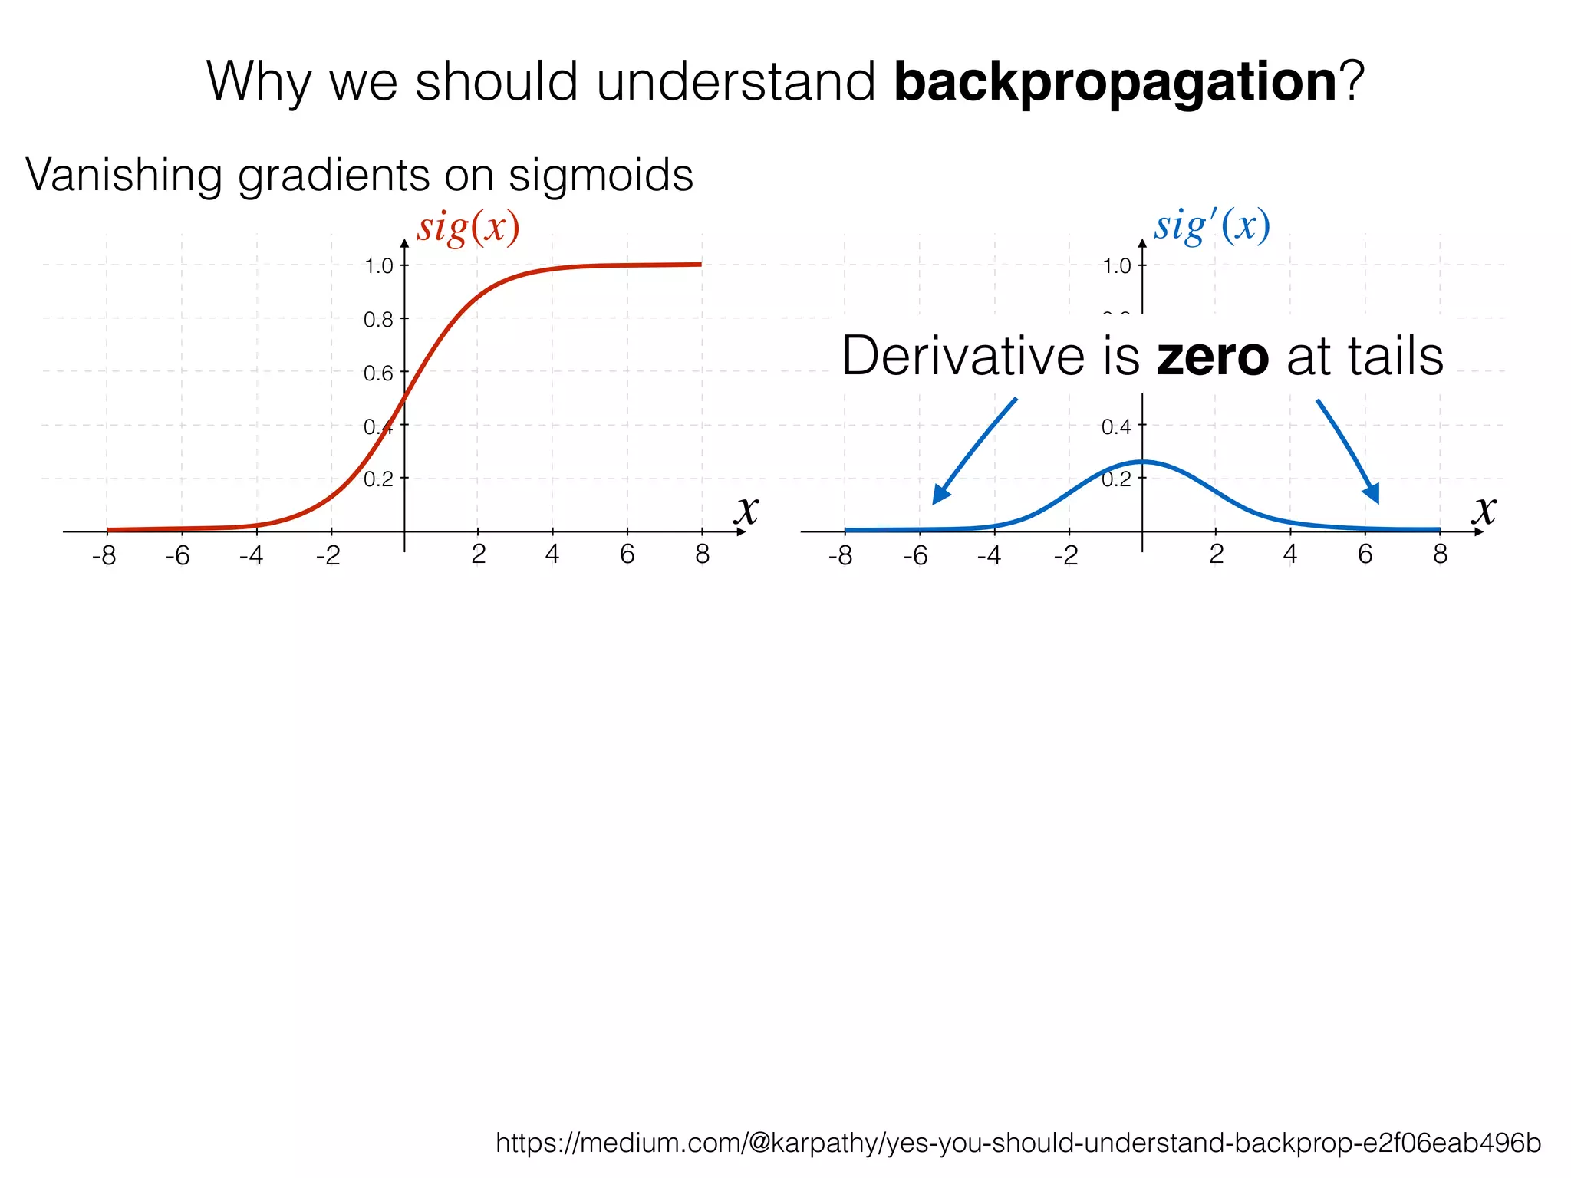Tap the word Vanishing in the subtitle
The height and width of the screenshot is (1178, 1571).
[x=123, y=175]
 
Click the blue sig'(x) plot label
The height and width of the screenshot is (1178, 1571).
[x=1212, y=226]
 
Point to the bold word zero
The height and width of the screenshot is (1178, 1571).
[x=1212, y=357]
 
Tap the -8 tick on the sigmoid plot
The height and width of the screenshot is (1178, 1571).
[x=104, y=555]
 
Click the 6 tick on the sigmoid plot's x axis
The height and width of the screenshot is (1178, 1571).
[x=627, y=554]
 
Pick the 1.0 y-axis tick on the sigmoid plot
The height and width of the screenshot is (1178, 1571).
[x=378, y=266]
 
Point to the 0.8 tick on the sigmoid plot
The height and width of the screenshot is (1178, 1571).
[x=378, y=319]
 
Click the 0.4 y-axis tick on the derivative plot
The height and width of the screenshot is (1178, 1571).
[x=1116, y=426]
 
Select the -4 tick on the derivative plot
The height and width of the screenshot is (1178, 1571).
[x=989, y=555]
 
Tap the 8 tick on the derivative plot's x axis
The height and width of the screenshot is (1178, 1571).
[x=1440, y=554]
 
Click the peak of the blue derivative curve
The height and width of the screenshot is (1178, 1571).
[x=1142, y=462]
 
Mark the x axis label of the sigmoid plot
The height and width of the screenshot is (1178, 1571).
[x=746, y=509]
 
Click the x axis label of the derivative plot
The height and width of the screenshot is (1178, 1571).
[x=1484, y=509]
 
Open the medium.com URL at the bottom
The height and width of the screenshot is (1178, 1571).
[x=1018, y=1143]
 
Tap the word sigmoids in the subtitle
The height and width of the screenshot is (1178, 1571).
[x=601, y=175]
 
